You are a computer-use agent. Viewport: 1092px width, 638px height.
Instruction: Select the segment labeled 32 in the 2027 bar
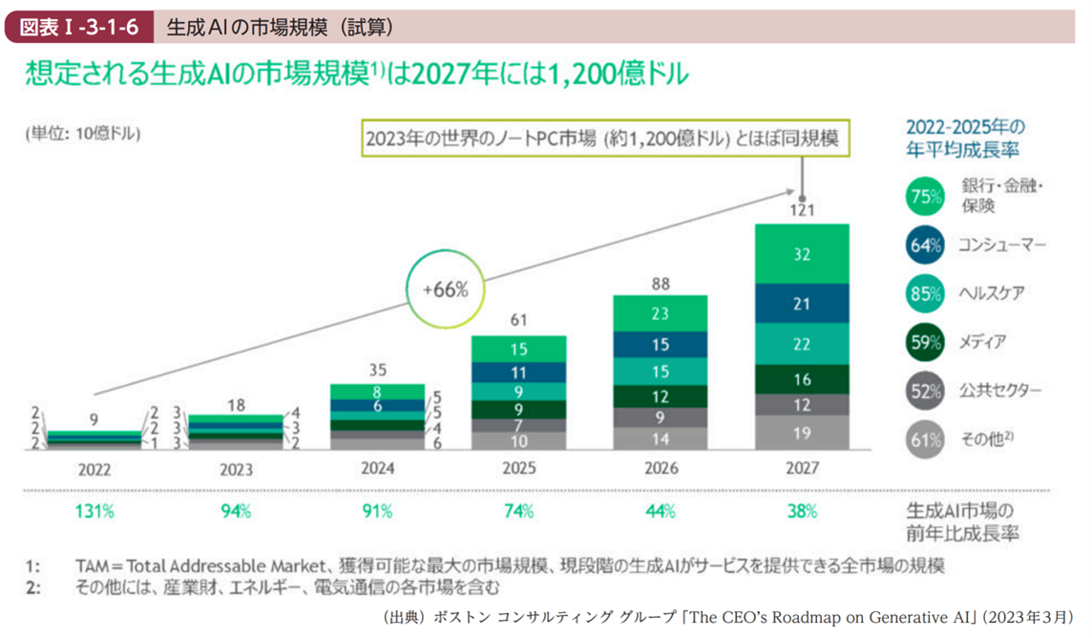coord(802,253)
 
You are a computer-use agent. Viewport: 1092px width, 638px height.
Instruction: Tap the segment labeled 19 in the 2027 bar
coord(802,433)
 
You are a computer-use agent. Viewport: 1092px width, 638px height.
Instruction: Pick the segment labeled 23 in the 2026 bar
coord(661,312)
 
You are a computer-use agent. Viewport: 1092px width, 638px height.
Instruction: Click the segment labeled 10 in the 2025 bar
coord(519,440)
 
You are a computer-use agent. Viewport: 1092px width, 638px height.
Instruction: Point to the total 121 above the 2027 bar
coord(802,209)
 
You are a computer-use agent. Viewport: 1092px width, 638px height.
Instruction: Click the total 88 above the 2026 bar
coord(661,283)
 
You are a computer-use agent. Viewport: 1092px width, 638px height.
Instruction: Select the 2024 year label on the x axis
coord(378,470)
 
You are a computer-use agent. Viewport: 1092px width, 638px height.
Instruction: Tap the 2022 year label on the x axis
coord(94,470)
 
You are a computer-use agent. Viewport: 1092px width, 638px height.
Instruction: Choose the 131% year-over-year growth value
coord(94,511)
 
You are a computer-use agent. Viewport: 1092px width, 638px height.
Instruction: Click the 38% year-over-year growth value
coord(802,511)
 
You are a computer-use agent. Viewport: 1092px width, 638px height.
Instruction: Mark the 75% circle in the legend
coord(923,198)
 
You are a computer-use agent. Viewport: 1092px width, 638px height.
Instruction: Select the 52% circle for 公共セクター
coord(923,391)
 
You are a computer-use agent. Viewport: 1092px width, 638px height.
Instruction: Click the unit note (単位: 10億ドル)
coord(83,134)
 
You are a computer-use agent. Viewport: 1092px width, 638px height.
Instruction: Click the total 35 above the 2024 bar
coord(378,371)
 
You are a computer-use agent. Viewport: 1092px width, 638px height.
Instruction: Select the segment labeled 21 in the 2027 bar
coord(802,304)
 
